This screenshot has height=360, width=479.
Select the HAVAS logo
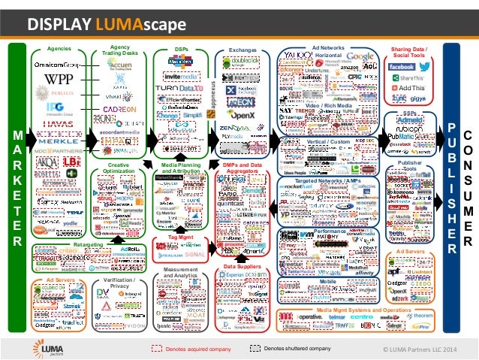[x=59, y=125]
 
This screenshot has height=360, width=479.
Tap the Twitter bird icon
[x=425, y=67]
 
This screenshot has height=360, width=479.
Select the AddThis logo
[x=411, y=87]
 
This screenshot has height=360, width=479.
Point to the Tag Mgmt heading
[x=172, y=238]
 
